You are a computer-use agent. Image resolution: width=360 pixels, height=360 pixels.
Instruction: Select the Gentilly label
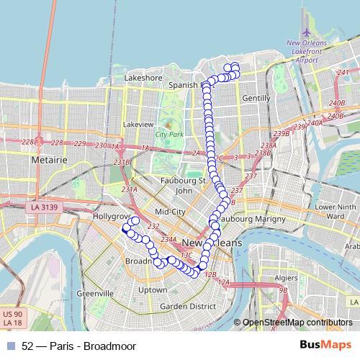[256, 97]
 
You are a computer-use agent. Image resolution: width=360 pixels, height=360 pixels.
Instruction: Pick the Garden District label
[188, 306]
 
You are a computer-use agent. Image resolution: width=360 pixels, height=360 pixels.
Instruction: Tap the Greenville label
[95, 294]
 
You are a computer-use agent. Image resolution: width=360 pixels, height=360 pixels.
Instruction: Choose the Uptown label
[153, 289]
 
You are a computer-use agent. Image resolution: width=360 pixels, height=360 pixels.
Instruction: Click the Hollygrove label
[111, 215]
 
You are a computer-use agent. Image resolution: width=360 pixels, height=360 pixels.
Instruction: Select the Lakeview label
[138, 124]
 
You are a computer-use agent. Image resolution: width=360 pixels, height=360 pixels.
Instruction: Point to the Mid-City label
[171, 212]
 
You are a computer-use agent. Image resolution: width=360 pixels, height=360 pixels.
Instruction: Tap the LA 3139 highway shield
[44, 207]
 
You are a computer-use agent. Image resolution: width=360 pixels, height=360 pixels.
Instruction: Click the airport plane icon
[307, 33]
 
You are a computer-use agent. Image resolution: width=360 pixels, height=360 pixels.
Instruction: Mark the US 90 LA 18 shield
[12, 318]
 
